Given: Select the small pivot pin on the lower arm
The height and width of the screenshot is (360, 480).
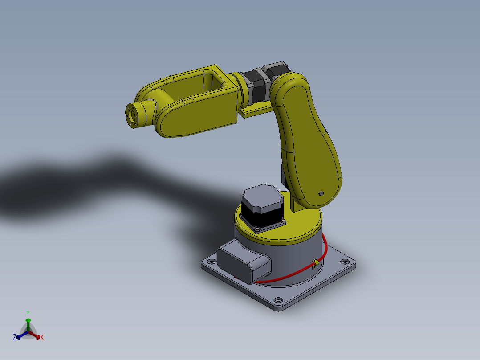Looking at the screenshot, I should click(x=321, y=194).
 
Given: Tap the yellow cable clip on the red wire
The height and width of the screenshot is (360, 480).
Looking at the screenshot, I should click(x=314, y=264).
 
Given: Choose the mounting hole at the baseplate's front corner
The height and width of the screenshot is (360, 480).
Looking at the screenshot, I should click(x=278, y=300).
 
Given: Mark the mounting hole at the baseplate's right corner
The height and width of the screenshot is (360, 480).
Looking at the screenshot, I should click(x=345, y=261).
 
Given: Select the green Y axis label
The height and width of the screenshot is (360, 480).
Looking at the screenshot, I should click(x=28, y=313).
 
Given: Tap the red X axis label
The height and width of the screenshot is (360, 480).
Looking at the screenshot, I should click(x=42, y=338).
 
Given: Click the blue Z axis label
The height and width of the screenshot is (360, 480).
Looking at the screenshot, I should click(x=15, y=338).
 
